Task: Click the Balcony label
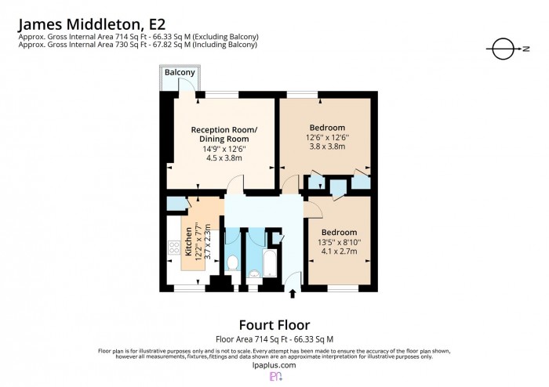point(180,73)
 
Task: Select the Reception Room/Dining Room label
point(222,133)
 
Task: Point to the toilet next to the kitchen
point(232,262)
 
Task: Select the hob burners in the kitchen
point(173,251)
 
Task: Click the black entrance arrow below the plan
point(293,294)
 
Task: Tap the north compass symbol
point(502,49)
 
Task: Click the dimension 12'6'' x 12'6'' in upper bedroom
point(327,138)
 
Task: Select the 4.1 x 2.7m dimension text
point(339,251)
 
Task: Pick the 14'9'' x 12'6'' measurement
point(222,148)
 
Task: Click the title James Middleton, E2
point(91,24)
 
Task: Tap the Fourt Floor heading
point(274,324)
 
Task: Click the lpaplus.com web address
point(274,365)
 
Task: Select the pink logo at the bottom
point(275,378)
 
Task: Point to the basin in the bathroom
point(254,273)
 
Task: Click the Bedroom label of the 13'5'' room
point(339,232)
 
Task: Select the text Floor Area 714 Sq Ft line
point(274,339)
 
